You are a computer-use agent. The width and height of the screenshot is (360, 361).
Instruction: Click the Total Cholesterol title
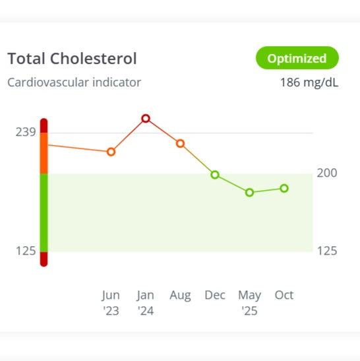click(72, 59)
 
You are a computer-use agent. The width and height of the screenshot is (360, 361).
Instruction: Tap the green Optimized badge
click(296, 58)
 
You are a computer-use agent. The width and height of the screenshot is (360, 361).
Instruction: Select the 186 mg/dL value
click(309, 83)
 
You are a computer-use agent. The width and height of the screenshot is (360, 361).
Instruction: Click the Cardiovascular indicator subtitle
click(74, 83)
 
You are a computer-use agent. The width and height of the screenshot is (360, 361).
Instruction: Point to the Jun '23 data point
click(111, 152)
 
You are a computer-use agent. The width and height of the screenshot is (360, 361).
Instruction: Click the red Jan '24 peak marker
click(146, 119)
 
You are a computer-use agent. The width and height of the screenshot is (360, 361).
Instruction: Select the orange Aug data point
click(180, 143)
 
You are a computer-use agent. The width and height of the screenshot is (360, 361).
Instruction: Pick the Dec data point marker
click(215, 175)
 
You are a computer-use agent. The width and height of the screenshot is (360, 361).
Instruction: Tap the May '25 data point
click(249, 193)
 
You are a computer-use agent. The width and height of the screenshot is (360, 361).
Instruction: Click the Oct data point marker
click(284, 188)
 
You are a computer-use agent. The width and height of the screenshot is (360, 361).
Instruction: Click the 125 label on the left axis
click(25, 251)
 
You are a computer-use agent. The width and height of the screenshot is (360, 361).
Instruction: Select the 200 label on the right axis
click(328, 173)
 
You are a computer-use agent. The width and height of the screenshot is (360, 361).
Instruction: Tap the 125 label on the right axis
click(328, 251)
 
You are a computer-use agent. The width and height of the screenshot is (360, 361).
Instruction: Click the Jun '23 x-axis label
click(111, 302)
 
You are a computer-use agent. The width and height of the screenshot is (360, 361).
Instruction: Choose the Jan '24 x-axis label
click(146, 302)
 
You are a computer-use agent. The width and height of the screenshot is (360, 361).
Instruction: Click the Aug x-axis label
click(180, 295)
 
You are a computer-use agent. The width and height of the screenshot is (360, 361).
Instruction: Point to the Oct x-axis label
click(284, 295)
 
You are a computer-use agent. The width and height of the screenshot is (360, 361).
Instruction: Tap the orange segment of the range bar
click(44, 153)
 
